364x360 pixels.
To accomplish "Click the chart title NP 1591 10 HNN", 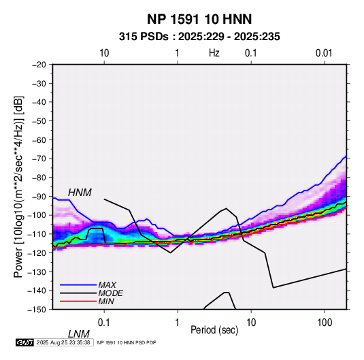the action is [x=199, y=19].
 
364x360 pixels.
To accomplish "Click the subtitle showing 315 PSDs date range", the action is [x=199, y=37].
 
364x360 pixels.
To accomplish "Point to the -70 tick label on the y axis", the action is [x=39, y=159].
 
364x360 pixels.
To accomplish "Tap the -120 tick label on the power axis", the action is [x=37, y=253].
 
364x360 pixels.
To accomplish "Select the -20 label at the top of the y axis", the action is [x=39, y=65].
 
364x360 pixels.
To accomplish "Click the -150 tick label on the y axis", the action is [x=37, y=310].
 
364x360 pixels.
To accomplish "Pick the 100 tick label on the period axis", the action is [x=325, y=323].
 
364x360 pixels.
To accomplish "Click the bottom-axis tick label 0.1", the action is [x=104, y=323].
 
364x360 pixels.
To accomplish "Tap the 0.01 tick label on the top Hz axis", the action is [x=324, y=53].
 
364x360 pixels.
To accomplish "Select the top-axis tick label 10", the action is [x=104, y=53].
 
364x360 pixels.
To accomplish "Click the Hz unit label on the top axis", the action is [x=214, y=53].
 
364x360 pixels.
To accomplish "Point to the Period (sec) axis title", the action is [x=214, y=330].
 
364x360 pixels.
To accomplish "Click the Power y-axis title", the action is [x=18, y=187].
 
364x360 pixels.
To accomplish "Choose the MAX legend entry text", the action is [x=107, y=285].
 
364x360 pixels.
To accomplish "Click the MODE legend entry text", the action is [x=110, y=293].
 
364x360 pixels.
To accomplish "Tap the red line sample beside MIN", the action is [x=78, y=301].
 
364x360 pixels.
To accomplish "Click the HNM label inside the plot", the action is [x=80, y=193].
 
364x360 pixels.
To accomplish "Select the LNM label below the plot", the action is [x=79, y=334].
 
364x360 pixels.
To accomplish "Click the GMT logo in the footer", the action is [x=25, y=342].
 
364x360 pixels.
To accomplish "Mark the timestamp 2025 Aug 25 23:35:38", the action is [x=63, y=342].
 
